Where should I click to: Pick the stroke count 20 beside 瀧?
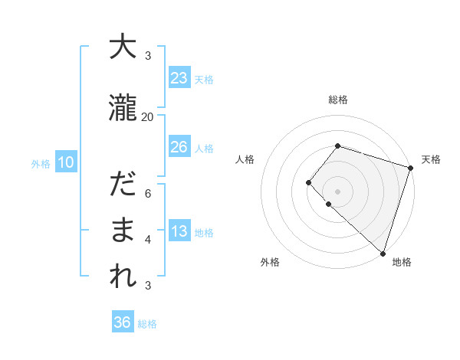pyautogui.click(x=148, y=116)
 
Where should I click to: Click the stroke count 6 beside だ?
pyautogui.click(x=148, y=193)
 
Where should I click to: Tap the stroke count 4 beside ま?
pyautogui.click(x=148, y=240)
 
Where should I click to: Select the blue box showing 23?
pyautogui.click(x=179, y=78)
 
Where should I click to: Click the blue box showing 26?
pyautogui.click(x=179, y=147)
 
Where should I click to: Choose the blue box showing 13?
pyautogui.click(x=179, y=232)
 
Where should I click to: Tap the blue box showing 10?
pyautogui.click(x=65, y=162)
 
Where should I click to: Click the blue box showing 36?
pyautogui.click(x=122, y=322)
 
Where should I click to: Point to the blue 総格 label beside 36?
pyautogui.click(x=147, y=324)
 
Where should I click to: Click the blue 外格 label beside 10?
pyautogui.click(x=41, y=163)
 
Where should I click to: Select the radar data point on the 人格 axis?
pyautogui.click(x=308, y=182)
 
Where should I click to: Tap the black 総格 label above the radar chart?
pyautogui.click(x=338, y=100)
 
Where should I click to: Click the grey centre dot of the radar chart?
pyautogui.click(x=337, y=191)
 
